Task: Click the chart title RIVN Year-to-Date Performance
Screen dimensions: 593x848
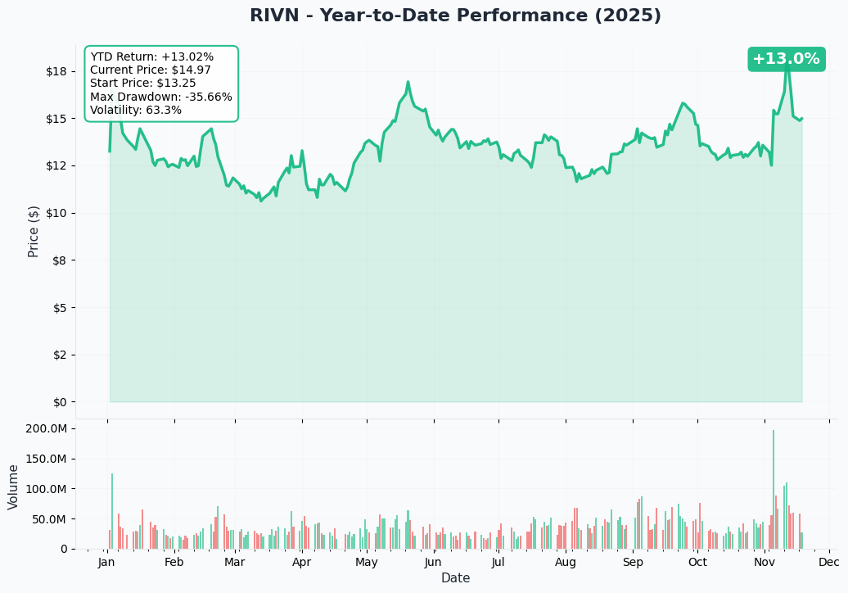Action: click(x=455, y=16)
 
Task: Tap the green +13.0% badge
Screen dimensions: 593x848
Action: click(x=786, y=59)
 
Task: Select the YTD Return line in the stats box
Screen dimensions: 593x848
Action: click(x=151, y=57)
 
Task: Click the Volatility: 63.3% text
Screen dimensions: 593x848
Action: click(x=136, y=110)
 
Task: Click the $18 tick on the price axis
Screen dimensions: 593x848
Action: click(x=56, y=71)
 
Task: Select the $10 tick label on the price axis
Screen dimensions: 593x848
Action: click(x=56, y=213)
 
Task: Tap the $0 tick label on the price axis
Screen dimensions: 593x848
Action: click(x=59, y=402)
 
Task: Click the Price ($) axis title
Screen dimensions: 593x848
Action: click(x=34, y=231)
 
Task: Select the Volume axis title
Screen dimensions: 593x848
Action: click(x=14, y=487)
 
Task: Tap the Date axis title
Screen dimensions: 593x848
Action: click(x=455, y=578)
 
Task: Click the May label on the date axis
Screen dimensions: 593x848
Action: click(x=367, y=563)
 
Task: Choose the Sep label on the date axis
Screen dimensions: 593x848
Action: click(x=633, y=563)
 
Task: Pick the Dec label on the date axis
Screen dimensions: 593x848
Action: click(x=829, y=563)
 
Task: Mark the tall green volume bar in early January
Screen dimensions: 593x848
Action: click(x=112, y=511)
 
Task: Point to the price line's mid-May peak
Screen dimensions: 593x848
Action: click(x=408, y=83)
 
